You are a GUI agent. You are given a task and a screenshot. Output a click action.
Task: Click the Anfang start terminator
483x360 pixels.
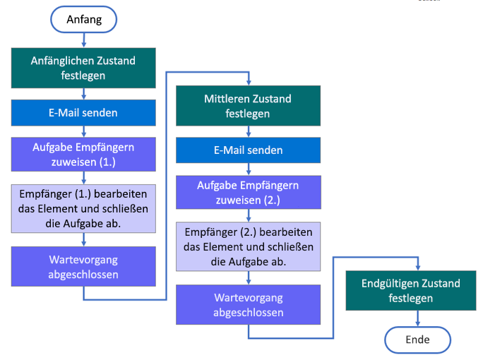tap(83, 20)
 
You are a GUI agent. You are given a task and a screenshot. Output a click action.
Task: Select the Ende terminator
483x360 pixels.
tap(417, 340)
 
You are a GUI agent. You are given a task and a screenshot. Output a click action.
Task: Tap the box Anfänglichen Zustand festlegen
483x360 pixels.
tap(83, 68)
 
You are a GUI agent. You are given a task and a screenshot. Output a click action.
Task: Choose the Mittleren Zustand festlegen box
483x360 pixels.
tap(248, 106)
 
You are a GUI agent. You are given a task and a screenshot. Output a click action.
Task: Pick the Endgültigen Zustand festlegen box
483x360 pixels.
tap(410, 291)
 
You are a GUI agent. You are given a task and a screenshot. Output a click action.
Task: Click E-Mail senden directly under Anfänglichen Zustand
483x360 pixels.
tap(83, 112)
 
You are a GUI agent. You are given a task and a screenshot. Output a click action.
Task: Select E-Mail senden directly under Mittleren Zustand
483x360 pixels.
tap(248, 150)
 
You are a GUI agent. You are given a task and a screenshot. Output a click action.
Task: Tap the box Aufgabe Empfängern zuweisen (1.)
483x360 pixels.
tap(83, 154)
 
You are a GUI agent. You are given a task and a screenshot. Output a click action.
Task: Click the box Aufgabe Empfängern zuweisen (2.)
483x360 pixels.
tap(248, 192)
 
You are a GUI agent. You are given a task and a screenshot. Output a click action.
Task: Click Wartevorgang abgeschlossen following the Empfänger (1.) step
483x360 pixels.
tap(83, 266)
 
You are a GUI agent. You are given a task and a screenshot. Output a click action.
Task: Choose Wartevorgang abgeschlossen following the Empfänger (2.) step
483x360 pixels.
tap(248, 304)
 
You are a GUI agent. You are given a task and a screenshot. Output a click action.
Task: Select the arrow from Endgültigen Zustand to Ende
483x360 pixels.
tap(417, 318)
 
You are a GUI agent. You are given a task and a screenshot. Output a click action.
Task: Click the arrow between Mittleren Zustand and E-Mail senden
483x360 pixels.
tap(248, 131)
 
